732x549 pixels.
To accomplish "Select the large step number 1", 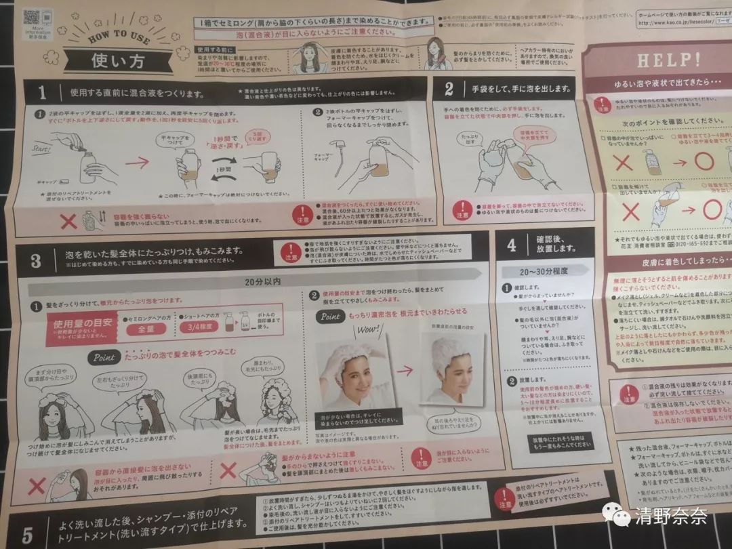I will [x=42, y=91].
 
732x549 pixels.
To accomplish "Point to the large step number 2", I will [x=449, y=89].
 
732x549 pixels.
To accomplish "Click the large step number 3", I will [x=35, y=260].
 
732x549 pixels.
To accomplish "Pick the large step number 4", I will [x=511, y=245].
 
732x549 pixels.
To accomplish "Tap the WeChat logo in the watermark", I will [x=617, y=516].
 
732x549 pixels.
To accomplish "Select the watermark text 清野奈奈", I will [x=671, y=516].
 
